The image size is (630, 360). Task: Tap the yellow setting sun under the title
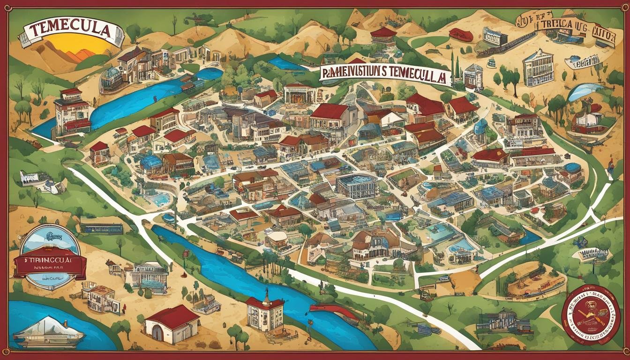84,46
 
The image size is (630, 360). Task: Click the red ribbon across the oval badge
50,266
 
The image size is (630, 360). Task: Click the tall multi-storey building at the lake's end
71,112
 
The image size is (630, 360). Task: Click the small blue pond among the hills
286,64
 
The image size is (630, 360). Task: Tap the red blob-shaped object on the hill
461,35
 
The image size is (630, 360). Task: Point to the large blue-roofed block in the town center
356,186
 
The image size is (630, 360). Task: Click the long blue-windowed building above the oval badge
102,228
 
